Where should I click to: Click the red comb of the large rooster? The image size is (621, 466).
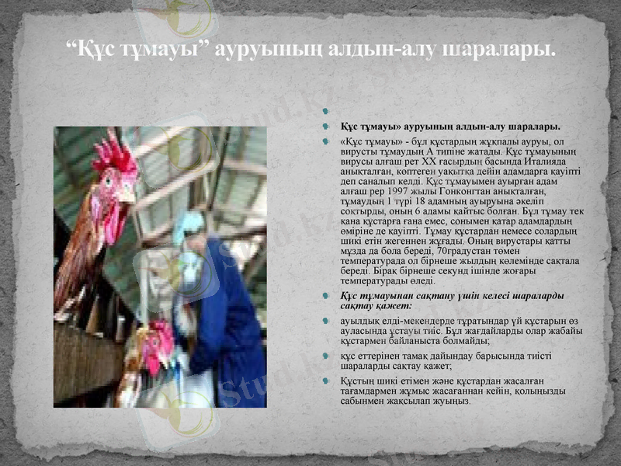pyautogui.click(x=115, y=154)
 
